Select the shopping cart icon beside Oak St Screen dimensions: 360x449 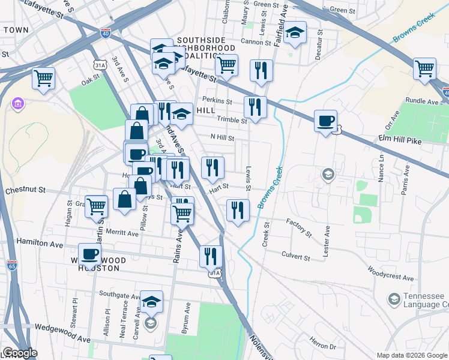(x=44, y=78)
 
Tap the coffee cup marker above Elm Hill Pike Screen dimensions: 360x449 (x=325, y=121)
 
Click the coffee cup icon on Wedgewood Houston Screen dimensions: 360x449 (x=90, y=254)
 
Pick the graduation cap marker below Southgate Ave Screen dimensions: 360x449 (x=152, y=302)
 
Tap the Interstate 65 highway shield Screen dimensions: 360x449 (x=12, y=265)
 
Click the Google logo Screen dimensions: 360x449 (x=20, y=353)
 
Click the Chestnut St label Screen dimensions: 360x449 (x=25, y=190)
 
